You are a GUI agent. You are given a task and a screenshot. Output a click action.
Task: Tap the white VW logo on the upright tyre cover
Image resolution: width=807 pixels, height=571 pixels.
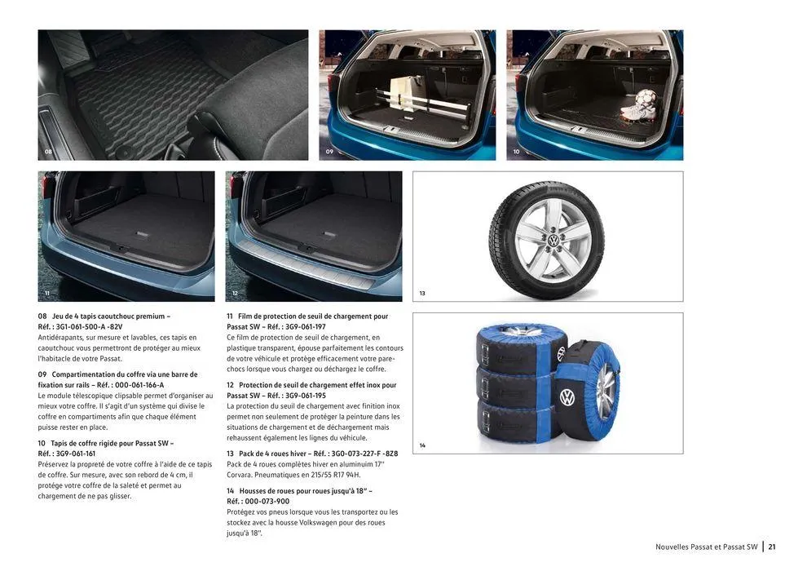point(567,397)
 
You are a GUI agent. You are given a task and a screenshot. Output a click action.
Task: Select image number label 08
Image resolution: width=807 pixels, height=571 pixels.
point(48,153)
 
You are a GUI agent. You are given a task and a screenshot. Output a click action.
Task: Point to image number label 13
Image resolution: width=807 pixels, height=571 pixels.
point(422,293)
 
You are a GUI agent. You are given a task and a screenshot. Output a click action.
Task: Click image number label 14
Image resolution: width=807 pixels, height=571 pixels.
point(422,445)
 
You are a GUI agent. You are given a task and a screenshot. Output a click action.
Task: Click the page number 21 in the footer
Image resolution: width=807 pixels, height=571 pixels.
point(771,547)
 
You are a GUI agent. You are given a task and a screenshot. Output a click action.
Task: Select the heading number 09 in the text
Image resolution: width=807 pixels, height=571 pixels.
point(42,374)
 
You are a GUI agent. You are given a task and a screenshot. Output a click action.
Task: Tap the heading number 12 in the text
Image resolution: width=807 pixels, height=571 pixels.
point(231,385)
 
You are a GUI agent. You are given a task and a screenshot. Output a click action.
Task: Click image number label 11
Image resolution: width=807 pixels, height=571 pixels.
point(48,293)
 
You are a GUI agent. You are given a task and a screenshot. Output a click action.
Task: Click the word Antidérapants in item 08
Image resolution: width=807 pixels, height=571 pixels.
point(62,337)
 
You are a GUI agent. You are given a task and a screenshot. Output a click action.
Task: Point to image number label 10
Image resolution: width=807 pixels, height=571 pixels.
point(516,153)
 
